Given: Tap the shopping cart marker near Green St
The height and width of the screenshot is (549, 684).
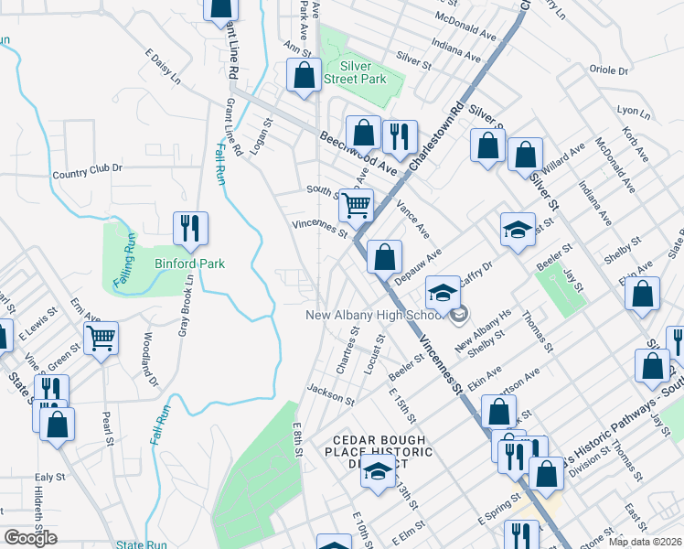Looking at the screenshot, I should (102, 338).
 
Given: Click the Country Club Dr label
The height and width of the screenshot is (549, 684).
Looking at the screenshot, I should (87, 169).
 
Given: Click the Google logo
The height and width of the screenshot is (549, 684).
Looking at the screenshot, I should (30, 538).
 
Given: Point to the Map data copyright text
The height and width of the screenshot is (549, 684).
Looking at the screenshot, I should (645, 542).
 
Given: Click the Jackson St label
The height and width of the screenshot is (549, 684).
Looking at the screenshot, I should (330, 394).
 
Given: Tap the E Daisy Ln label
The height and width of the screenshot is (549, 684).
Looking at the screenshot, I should (163, 66).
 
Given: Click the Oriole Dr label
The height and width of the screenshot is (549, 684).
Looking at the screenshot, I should (609, 70).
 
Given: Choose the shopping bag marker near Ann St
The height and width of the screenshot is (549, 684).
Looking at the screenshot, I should (304, 76).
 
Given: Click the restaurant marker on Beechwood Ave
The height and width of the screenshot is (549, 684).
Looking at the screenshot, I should (399, 137).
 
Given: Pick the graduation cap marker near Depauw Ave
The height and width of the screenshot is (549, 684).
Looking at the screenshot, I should (518, 230).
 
